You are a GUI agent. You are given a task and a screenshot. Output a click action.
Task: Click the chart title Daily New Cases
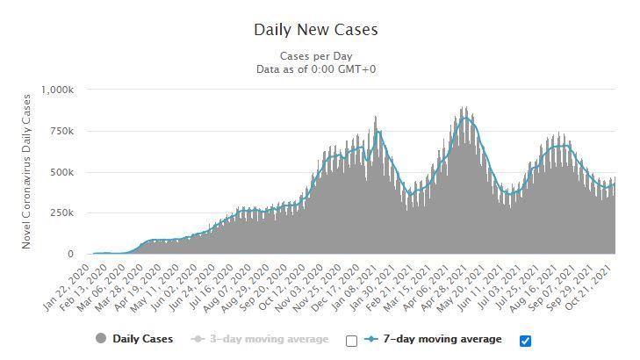tap(316, 30)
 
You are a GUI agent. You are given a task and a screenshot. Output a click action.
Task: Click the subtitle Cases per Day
tap(316, 56)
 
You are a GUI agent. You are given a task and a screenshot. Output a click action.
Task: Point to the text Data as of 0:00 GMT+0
tap(316, 69)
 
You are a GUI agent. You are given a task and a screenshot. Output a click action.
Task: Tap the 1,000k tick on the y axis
tap(57, 90)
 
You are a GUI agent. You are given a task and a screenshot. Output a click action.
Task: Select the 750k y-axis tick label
tap(62, 132)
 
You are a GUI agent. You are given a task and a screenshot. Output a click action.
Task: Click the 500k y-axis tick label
tap(62, 173)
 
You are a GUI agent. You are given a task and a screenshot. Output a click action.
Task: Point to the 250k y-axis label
tap(62, 213)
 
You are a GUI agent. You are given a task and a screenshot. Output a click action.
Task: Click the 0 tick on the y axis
tap(70, 254)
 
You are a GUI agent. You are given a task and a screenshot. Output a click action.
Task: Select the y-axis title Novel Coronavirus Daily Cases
tap(26, 171)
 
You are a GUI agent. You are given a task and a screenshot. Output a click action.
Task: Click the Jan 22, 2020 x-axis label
tap(67, 287)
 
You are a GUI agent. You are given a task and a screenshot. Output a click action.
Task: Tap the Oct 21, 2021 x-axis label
tap(588, 287)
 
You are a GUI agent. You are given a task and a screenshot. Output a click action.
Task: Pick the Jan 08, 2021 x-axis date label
tap(354, 287)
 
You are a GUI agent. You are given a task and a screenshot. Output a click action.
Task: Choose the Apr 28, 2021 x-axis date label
tap(443, 287)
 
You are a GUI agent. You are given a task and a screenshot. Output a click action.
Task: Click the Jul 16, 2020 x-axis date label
tap(210, 287)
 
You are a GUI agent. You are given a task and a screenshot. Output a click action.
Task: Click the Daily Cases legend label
tap(143, 339)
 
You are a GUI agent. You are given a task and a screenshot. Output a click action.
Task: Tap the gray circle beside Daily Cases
tap(101, 338)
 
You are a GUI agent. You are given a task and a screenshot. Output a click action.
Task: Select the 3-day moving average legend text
tap(269, 339)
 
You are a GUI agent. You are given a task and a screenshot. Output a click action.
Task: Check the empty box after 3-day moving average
tap(351, 341)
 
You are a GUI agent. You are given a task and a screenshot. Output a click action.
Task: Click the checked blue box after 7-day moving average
tap(525, 341)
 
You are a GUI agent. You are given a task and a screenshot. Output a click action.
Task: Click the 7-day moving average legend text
tap(442, 339)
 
